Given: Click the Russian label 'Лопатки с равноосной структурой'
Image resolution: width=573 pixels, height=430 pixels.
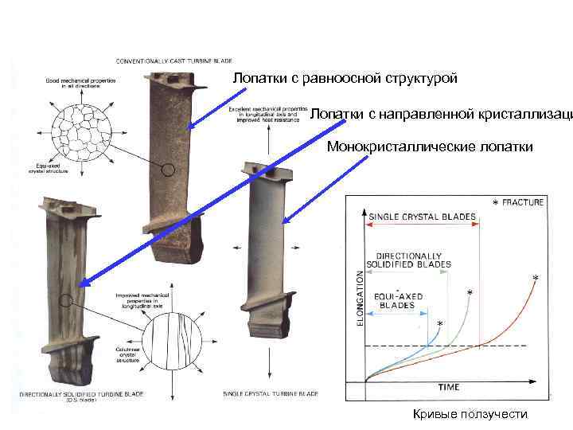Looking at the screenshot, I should [345, 79].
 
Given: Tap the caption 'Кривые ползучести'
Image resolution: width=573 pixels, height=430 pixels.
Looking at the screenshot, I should [470, 414].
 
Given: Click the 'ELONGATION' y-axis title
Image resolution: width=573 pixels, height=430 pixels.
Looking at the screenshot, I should [359, 299].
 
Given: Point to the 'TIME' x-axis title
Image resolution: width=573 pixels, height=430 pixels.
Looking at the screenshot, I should [448, 387].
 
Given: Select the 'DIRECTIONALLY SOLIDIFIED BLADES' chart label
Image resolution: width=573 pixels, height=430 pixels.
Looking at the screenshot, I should [408, 260].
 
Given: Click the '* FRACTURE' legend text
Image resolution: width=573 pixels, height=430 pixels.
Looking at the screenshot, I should [518, 202].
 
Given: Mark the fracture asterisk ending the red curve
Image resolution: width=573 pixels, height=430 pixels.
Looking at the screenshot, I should [535, 278].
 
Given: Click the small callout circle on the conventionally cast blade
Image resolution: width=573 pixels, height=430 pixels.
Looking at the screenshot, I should [166, 170].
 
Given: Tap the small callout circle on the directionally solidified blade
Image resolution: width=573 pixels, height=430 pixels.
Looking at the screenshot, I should [67, 301].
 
